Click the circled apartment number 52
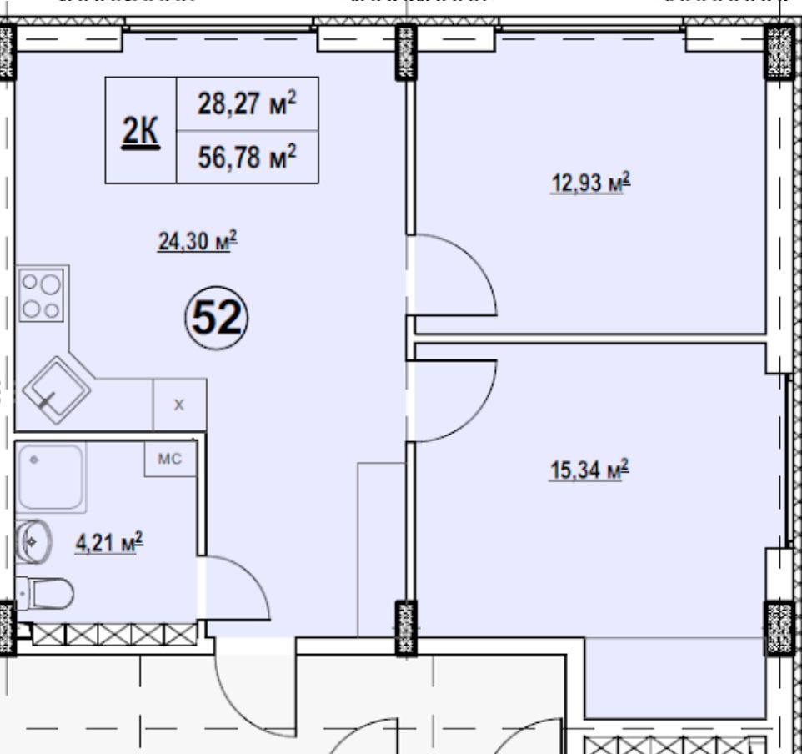tap(217, 318)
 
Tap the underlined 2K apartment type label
tap(141, 132)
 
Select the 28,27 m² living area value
tap(247, 103)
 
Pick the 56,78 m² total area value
tap(247, 157)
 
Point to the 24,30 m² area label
tap(198, 240)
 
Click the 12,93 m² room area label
tap(590, 183)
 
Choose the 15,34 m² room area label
tap(589, 470)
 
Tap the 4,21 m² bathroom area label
tap(109, 543)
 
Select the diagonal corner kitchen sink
tap(56, 390)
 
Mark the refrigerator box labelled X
tap(179, 405)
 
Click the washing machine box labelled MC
tap(170, 459)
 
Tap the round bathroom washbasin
tap(33, 541)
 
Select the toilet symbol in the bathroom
tap(44, 594)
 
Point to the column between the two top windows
tap(406, 53)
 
